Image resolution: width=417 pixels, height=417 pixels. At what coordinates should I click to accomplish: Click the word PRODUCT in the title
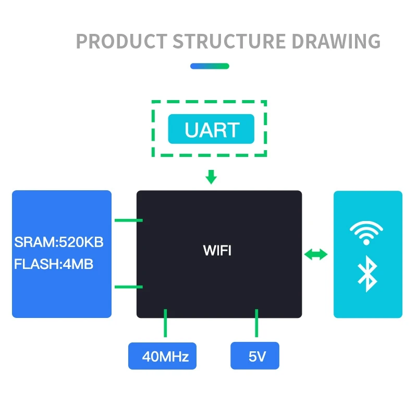tap(122, 41)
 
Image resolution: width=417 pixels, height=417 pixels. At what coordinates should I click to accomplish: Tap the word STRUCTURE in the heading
tap(229, 41)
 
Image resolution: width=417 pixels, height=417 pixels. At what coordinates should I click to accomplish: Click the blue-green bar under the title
tap(210, 66)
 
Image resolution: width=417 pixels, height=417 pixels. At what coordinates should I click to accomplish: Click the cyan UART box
tap(211, 129)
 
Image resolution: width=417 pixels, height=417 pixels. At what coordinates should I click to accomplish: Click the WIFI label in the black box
tap(217, 251)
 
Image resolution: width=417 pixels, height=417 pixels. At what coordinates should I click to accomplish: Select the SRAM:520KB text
tap(59, 242)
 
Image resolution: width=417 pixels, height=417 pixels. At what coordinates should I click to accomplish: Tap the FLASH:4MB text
tap(54, 264)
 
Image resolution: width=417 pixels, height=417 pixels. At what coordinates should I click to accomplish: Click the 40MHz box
tap(163, 357)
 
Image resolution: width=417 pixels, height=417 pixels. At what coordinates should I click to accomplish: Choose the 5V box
tap(255, 357)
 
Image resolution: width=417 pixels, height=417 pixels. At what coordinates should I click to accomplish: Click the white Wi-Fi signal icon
tap(366, 231)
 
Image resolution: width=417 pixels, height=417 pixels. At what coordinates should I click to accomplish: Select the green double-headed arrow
tap(316, 254)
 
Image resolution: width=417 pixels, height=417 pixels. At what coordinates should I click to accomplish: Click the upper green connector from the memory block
tap(128, 220)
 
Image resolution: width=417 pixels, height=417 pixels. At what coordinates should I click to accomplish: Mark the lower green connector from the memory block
tap(128, 286)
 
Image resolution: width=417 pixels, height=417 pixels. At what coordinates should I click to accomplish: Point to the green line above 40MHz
tap(166, 323)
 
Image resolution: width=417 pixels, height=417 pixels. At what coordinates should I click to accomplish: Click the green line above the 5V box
tap(256, 323)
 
